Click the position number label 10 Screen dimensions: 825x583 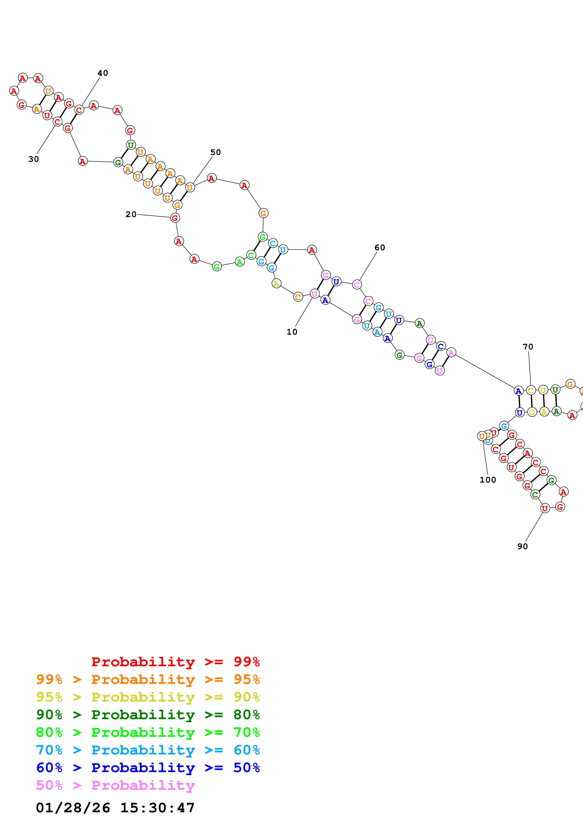click(x=292, y=332)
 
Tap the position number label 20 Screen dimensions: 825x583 click(x=131, y=214)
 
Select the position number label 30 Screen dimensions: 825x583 click(x=33, y=159)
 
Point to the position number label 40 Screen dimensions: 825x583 click(x=103, y=73)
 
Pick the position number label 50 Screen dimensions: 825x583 click(x=215, y=152)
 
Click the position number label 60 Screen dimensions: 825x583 click(x=380, y=248)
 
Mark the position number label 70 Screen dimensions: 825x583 click(x=528, y=347)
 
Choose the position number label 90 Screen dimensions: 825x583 click(x=523, y=547)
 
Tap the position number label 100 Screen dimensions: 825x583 click(x=488, y=480)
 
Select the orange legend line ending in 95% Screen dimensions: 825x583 click(x=148, y=679)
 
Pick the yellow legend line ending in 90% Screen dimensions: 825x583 click(x=148, y=697)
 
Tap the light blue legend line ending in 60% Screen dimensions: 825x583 click(x=148, y=750)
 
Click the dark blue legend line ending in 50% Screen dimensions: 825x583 click(x=148, y=768)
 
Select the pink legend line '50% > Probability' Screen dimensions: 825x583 click(x=115, y=785)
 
